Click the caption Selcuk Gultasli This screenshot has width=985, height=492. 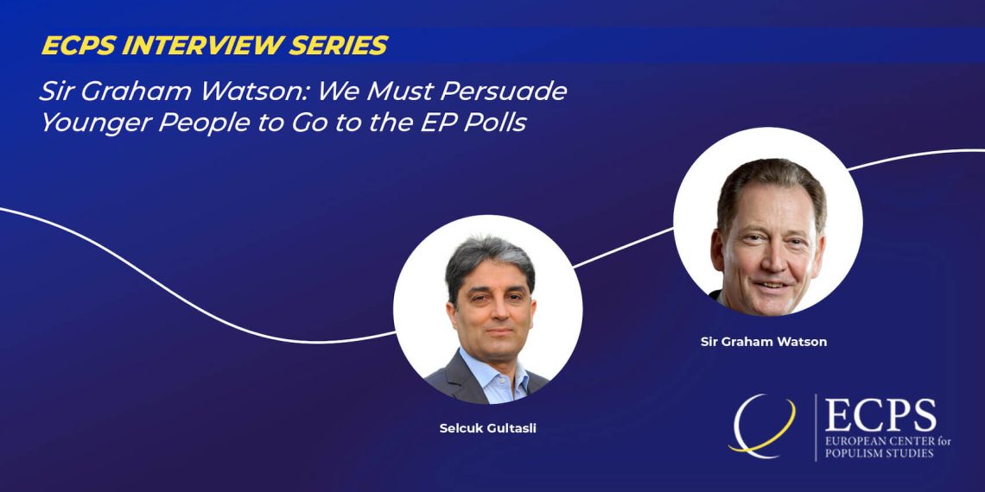pos(488,430)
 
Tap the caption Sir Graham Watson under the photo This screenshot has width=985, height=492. pos(764,342)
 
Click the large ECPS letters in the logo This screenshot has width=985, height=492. pos(880,416)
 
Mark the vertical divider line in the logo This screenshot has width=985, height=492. pos(816,427)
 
